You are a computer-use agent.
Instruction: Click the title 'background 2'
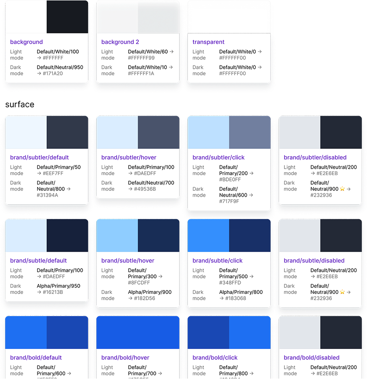(x=120, y=42)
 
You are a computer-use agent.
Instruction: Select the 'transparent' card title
(x=208, y=42)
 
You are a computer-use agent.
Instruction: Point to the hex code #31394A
(x=48, y=195)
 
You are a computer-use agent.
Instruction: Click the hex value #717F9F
(x=229, y=201)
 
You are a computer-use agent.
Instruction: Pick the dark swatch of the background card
(x=67, y=17)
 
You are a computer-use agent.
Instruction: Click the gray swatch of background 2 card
(x=159, y=17)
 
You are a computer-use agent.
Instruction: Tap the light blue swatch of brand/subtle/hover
(x=117, y=235)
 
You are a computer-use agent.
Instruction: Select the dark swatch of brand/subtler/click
(x=250, y=132)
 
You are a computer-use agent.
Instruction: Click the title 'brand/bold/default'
(x=36, y=358)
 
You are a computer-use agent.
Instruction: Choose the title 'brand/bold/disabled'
(x=312, y=358)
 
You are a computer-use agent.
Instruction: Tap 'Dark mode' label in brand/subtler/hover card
(x=108, y=186)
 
